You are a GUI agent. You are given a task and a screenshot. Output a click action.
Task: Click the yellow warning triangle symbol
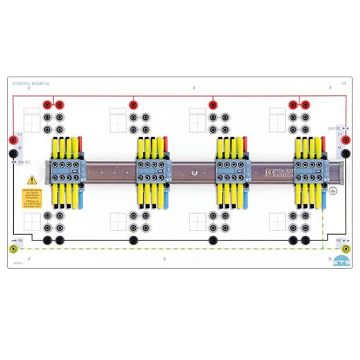[32, 179]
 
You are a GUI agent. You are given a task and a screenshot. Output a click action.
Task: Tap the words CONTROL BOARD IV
[29, 83]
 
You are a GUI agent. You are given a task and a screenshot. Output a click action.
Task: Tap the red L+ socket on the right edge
[346, 139]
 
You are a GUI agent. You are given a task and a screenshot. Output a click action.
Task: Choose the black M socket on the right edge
[346, 154]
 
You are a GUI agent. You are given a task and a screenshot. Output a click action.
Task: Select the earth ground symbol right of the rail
[334, 190]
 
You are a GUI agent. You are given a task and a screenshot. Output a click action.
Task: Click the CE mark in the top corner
[344, 83]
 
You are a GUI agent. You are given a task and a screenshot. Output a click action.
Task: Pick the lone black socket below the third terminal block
[212, 241]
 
